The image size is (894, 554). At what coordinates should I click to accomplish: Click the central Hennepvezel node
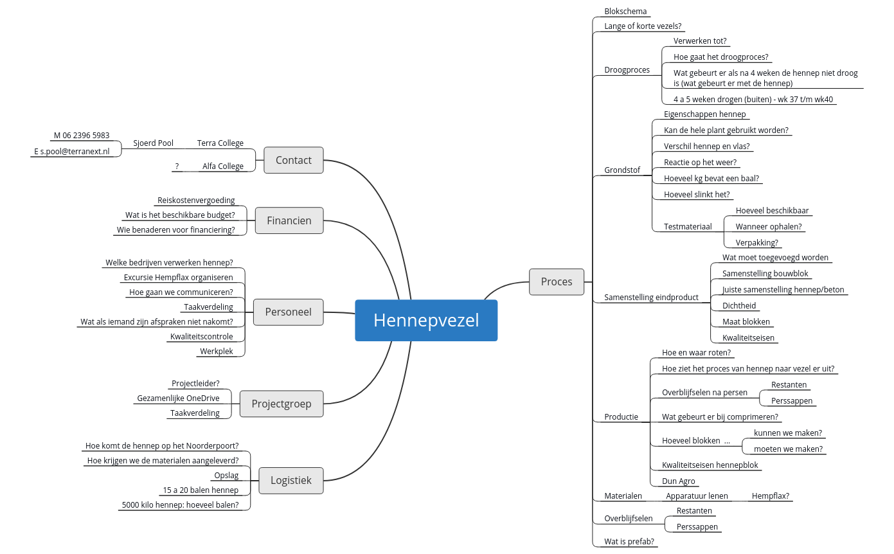(426, 320)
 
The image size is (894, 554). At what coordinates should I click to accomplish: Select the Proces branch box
(557, 281)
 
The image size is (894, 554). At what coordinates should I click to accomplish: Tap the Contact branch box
(294, 160)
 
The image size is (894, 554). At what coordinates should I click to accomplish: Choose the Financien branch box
(289, 220)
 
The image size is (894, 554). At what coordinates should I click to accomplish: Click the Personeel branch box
(289, 312)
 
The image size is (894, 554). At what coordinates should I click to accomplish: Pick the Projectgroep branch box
(282, 404)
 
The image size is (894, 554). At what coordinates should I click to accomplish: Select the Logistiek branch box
(291, 480)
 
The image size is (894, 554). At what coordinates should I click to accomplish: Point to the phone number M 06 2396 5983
(82, 136)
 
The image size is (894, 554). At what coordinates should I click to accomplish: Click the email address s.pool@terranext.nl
(72, 152)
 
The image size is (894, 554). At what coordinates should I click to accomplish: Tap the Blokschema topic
(625, 12)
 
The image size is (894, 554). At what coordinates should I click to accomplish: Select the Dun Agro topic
(679, 481)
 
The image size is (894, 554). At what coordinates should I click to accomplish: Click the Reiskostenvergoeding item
(196, 201)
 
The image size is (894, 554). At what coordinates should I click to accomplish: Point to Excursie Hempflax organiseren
(178, 278)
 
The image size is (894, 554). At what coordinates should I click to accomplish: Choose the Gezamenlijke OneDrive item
(179, 398)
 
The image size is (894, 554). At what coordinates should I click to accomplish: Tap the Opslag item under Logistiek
(226, 476)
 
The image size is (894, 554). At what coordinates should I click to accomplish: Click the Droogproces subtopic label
(627, 69)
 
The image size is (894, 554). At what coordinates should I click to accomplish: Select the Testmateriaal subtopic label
(688, 226)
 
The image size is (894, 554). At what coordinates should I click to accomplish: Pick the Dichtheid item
(739, 306)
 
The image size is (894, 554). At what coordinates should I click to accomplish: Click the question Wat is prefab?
(629, 542)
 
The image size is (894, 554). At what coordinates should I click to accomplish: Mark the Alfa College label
(223, 166)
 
